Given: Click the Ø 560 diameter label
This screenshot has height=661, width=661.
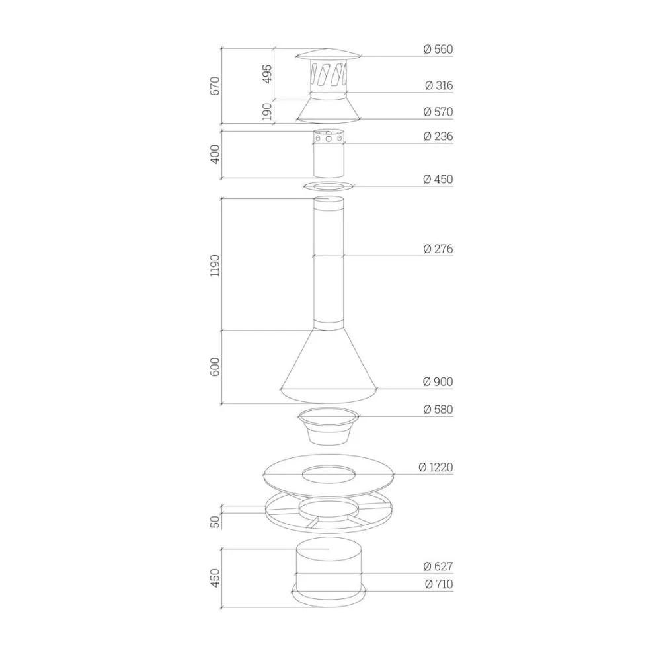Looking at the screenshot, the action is (438, 49).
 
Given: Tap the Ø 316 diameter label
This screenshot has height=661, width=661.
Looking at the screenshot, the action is (439, 85).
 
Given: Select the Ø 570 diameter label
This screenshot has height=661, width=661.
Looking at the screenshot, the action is (438, 112).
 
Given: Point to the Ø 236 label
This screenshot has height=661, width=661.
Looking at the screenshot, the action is (438, 136).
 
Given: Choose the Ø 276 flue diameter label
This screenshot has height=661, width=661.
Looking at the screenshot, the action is (438, 249).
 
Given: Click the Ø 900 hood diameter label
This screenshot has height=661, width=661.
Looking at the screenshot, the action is (438, 381).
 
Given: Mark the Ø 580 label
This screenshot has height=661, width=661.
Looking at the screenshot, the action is (438, 409).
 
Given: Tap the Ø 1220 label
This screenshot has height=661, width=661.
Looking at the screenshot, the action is (436, 467).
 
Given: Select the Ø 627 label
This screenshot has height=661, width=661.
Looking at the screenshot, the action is (438, 566).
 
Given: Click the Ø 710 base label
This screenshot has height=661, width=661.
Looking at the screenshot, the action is (439, 584).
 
